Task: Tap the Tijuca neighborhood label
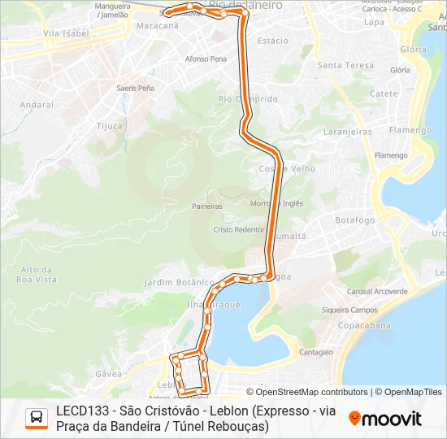[x=110, y=126]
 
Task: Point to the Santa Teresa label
[x=345, y=65]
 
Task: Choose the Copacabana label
[x=382, y=324]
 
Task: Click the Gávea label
[x=108, y=374]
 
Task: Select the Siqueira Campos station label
[x=349, y=310]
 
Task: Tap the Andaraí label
[x=36, y=105]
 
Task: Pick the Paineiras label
[x=207, y=206]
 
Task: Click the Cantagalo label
[x=316, y=352]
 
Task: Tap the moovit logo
[x=385, y=419]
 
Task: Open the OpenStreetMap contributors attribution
[x=311, y=392]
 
